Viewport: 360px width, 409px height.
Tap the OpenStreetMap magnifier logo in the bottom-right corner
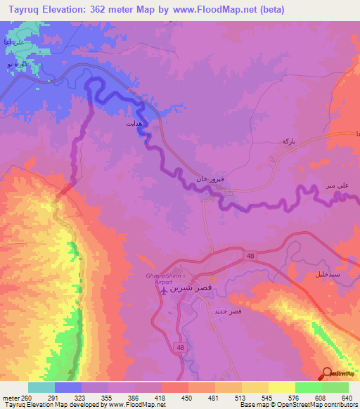point(328,375)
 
